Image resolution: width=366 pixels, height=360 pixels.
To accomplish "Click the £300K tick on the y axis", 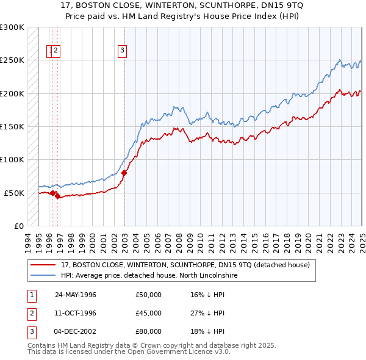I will (12, 27).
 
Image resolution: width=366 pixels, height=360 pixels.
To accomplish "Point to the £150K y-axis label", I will (12, 126).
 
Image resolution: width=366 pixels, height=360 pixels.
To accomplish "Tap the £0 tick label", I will (19, 226).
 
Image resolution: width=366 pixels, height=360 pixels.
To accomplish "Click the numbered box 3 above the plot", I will (122, 51).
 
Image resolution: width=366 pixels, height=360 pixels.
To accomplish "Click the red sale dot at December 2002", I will (124, 173).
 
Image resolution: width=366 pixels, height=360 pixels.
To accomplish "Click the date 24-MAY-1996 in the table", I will (76, 295).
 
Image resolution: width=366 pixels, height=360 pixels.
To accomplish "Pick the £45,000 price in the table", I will (149, 313).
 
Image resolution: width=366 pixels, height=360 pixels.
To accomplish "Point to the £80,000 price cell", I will (149, 331).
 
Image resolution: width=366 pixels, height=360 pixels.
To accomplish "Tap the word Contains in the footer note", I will (43, 345).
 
